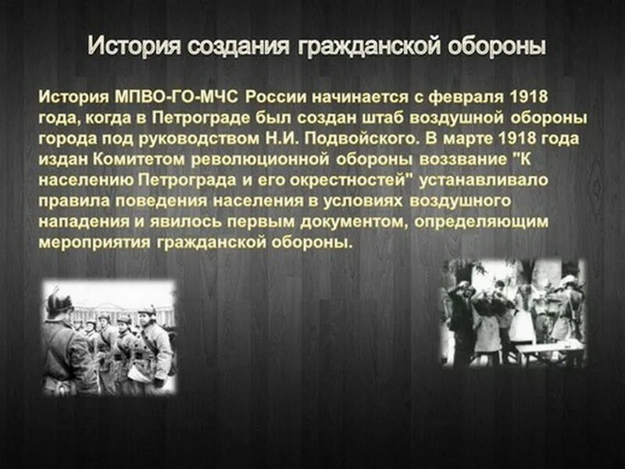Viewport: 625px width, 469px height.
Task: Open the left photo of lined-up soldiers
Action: point(109,338)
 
